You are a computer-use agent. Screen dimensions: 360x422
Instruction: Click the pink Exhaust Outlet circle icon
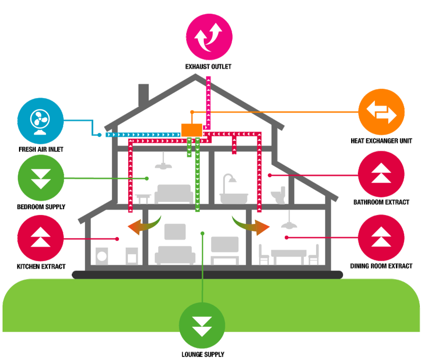click(209, 37)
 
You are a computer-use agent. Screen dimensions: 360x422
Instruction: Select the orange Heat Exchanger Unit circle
click(381, 112)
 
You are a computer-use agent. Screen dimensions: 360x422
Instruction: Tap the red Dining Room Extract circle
click(381, 238)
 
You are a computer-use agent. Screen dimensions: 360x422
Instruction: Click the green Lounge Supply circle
click(203, 326)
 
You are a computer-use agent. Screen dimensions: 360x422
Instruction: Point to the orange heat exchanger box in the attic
click(192, 130)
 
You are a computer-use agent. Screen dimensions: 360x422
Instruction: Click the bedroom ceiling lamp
click(163, 164)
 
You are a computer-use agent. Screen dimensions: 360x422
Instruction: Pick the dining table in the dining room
click(289, 254)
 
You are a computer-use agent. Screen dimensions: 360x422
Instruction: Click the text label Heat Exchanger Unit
click(381, 141)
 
